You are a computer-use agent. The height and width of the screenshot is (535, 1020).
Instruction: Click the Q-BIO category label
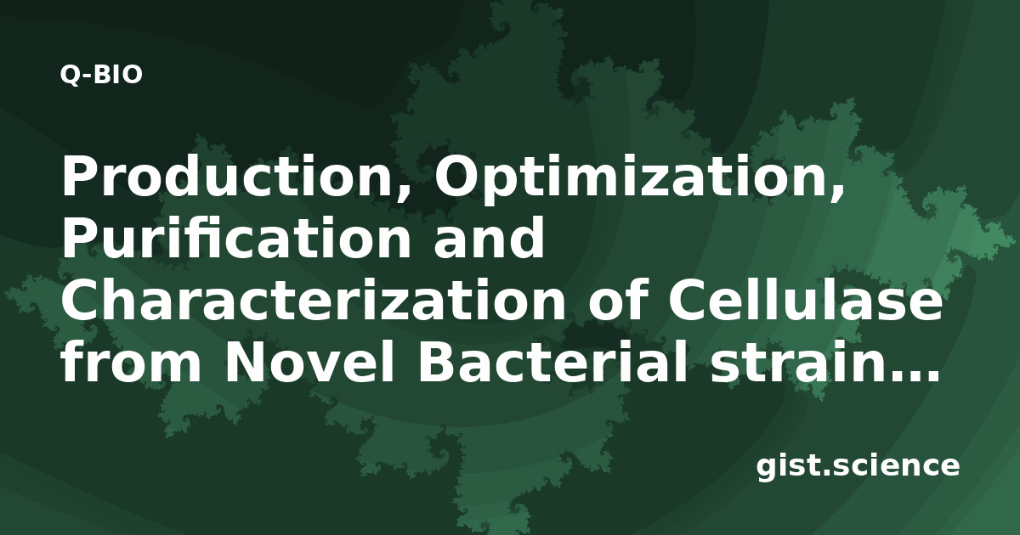101,75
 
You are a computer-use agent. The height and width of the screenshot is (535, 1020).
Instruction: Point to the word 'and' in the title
489,237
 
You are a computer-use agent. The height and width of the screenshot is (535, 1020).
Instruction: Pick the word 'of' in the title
616,299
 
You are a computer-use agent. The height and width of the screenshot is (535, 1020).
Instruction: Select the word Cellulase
805,299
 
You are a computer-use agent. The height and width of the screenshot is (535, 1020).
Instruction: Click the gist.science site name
858,465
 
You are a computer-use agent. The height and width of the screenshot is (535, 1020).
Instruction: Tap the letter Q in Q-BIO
70,75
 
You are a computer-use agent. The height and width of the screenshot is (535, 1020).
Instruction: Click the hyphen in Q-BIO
88,76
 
